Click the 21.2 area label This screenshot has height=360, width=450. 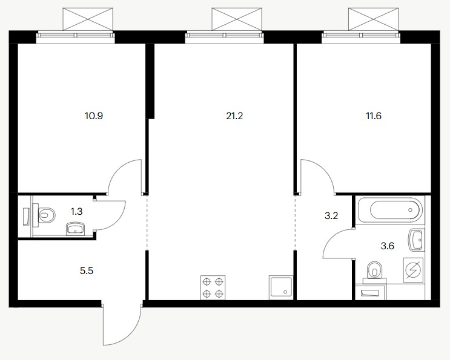pyautogui.click(x=234, y=116)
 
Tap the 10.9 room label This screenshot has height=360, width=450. pyautogui.click(x=94, y=116)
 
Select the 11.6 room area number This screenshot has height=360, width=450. pyautogui.click(x=374, y=116)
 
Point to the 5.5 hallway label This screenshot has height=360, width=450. pyautogui.click(x=87, y=271)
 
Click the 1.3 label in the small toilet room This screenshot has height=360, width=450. pyautogui.click(x=76, y=212)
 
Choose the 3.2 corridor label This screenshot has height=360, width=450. pyautogui.click(x=331, y=216)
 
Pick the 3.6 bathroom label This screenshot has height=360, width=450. pyautogui.click(x=388, y=246)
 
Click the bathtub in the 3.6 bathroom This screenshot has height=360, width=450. pyautogui.click(x=390, y=210)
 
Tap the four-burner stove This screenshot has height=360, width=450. pyautogui.click(x=213, y=287)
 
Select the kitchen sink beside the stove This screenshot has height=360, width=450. pyautogui.click(x=281, y=288)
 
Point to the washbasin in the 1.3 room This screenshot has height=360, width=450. pyautogui.click(x=76, y=229)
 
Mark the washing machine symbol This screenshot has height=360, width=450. pyautogui.click(x=413, y=270)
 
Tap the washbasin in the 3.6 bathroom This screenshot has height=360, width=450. pyautogui.click(x=416, y=240)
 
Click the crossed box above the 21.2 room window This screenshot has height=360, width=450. pyautogui.click(x=237, y=19)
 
